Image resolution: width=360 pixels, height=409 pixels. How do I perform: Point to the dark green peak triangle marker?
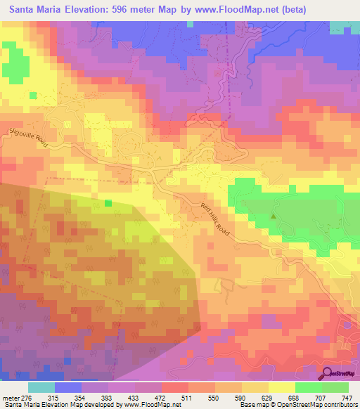(274, 216)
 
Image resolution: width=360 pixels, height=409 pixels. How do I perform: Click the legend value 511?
(188, 398)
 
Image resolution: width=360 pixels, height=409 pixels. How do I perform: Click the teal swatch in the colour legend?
(41, 388)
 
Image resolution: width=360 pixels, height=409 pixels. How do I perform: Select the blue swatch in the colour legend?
(68, 388)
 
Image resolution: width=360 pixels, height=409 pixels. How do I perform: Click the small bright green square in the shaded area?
(108, 203)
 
